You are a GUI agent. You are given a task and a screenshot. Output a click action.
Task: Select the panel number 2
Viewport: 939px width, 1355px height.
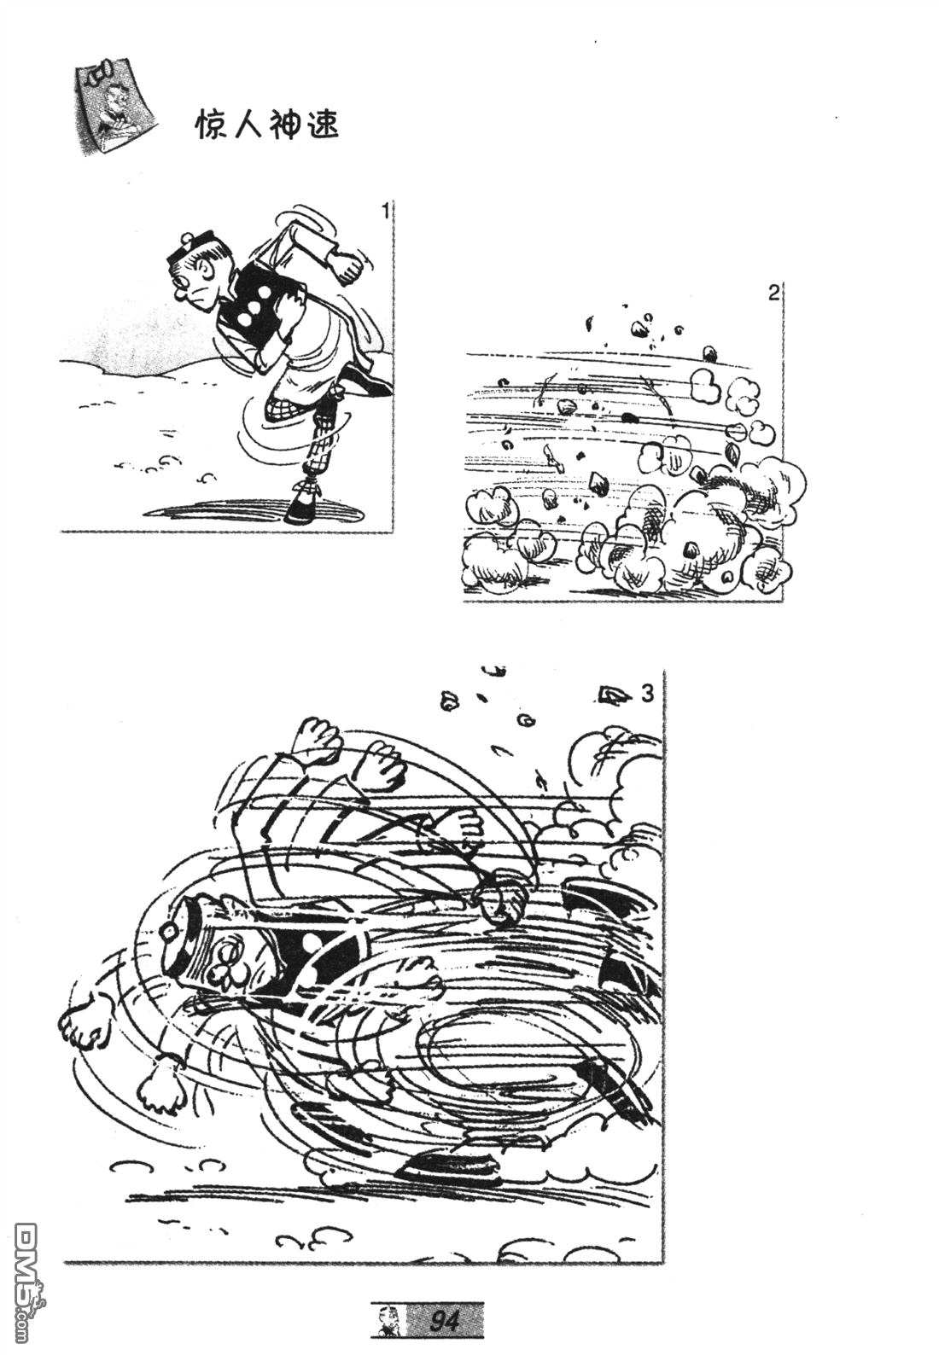tap(773, 294)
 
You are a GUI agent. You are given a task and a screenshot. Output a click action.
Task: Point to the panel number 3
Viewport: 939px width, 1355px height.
tap(647, 695)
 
